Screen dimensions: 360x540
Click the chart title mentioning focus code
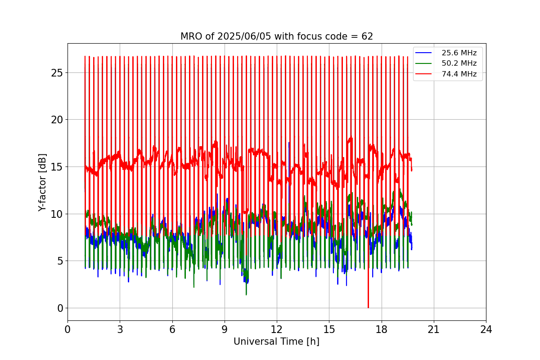point(276,36)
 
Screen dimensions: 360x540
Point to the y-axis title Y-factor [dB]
point(42,182)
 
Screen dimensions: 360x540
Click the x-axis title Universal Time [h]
point(276,342)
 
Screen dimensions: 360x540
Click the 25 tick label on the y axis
point(57,73)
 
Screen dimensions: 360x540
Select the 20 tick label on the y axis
point(57,120)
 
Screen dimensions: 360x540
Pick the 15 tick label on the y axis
point(57,167)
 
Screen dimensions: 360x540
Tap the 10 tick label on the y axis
point(57,214)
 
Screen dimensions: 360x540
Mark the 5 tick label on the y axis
point(59,261)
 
